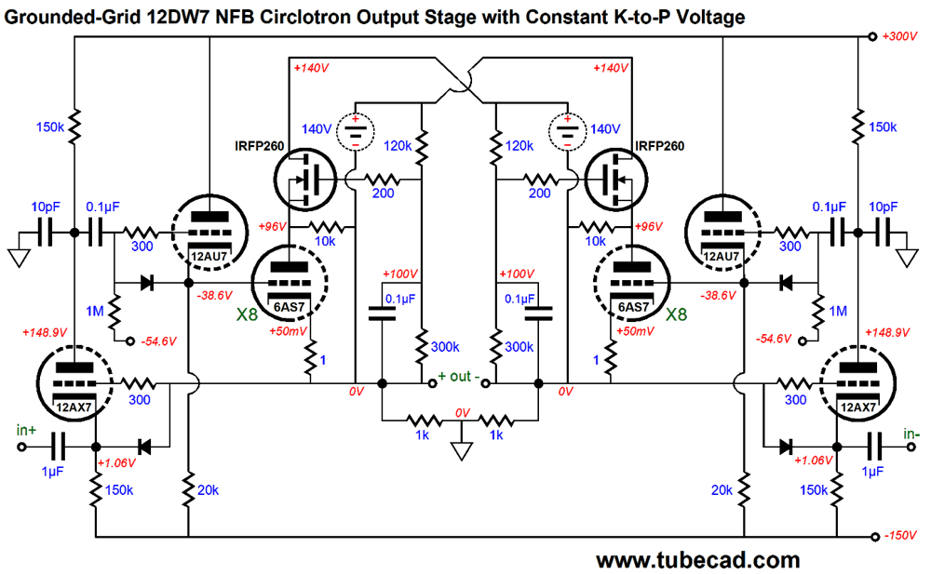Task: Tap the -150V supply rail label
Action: point(902,537)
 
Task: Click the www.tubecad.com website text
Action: point(697,560)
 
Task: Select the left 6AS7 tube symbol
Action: point(290,280)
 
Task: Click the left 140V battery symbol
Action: point(354,131)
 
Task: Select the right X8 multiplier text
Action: point(677,315)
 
